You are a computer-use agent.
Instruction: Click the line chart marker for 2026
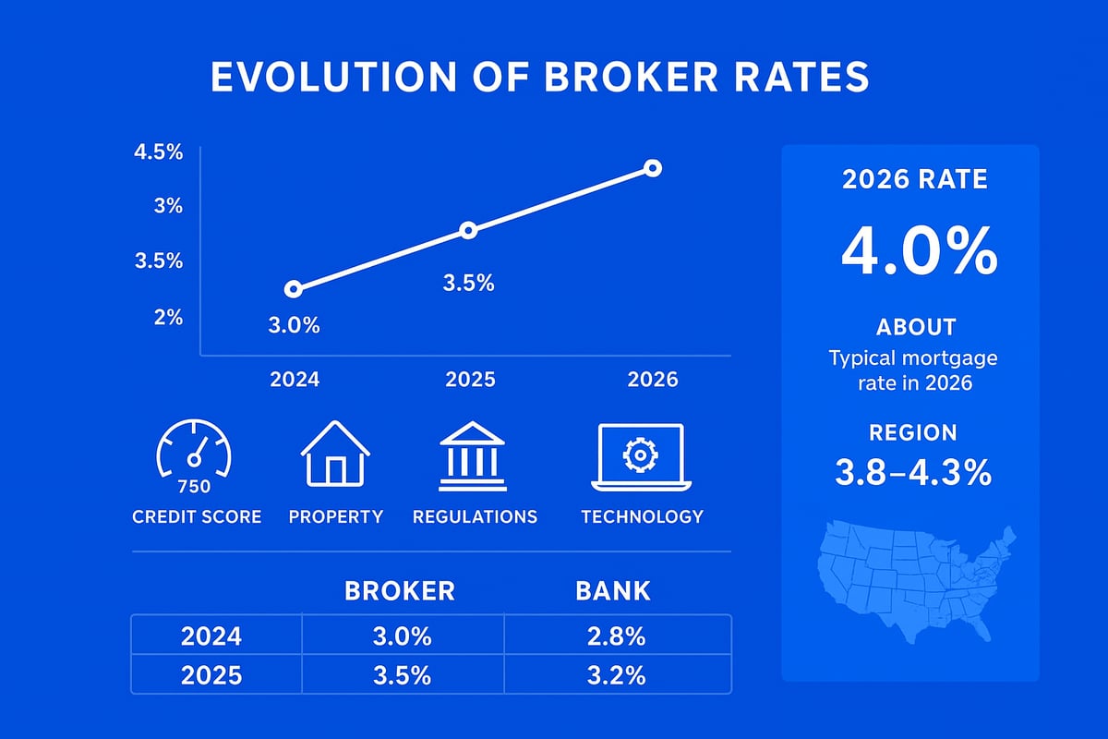tap(653, 168)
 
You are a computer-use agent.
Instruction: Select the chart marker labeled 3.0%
tap(294, 289)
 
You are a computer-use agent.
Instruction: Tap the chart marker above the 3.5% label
tap(468, 230)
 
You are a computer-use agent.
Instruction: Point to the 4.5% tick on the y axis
tap(158, 152)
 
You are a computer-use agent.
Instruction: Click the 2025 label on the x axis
tap(470, 380)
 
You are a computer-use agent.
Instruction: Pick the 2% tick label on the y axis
tap(168, 317)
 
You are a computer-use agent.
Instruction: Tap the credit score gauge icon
tap(195, 453)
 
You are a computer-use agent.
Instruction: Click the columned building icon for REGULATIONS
tap(473, 456)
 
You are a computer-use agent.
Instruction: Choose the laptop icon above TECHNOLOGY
tap(641, 456)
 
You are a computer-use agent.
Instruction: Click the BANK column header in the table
tap(613, 591)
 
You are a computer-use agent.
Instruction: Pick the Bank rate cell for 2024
tap(616, 636)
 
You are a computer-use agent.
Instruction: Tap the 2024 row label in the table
tap(211, 636)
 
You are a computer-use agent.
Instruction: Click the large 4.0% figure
tap(918, 250)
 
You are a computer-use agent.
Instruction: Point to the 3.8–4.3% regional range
tap(912, 473)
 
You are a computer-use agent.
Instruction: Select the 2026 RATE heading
tap(914, 178)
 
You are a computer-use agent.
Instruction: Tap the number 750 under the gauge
tap(194, 487)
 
